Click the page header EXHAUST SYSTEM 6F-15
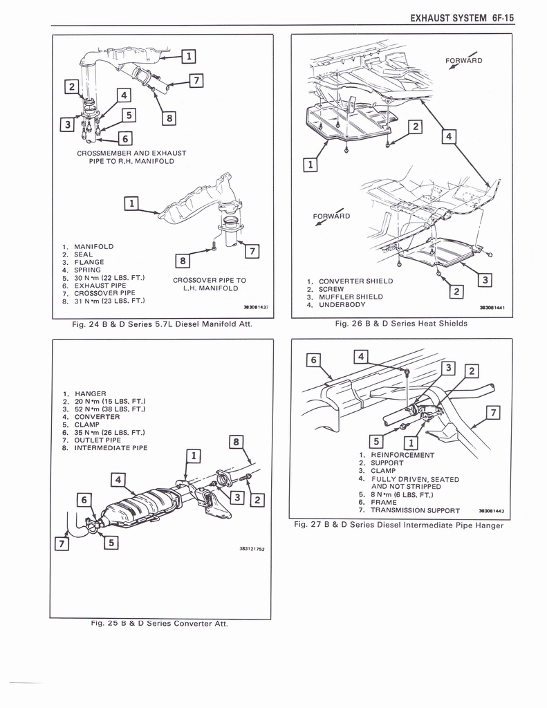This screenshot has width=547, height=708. coord(462,18)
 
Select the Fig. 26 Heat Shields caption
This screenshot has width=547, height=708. coord(400,323)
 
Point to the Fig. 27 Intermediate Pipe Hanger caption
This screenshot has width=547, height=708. coord(398,525)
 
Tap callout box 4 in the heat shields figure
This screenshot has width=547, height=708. coord(448,136)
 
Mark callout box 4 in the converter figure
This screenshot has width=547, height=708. coord(118,478)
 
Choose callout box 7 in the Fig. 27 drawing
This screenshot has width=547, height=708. coord(493,413)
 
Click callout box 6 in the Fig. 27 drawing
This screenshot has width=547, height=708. coord(313,360)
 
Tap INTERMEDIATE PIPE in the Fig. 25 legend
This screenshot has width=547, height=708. coord(111,447)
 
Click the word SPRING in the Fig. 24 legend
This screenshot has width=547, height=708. coord(89,270)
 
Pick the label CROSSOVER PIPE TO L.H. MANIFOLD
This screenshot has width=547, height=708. coord(209,284)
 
